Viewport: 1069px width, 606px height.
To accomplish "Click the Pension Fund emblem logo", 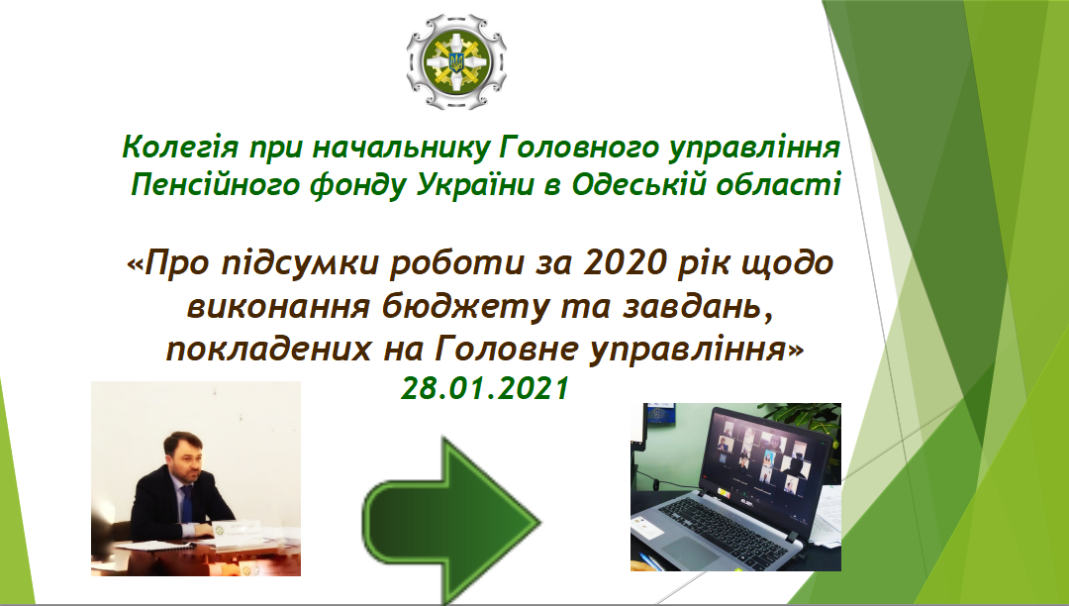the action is tap(456, 62).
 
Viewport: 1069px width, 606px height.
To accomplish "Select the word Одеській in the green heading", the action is tap(638, 185).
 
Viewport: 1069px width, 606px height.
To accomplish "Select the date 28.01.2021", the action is tap(485, 388).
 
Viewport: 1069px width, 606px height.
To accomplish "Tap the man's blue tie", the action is tap(186, 503).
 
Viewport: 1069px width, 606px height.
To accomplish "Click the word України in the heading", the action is tap(474, 185).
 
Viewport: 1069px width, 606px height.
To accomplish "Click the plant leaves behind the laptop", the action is tap(805, 417).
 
